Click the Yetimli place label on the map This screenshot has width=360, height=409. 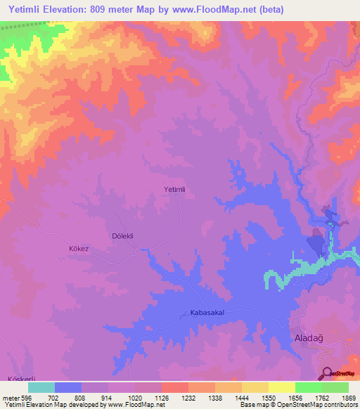point(174,189)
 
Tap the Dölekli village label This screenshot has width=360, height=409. point(123,236)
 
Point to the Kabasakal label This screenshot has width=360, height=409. point(207,311)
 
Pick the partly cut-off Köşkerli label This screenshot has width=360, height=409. point(20,379)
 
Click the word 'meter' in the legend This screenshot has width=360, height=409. point(11,398)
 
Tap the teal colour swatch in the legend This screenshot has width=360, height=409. point(41,387)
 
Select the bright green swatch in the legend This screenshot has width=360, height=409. point(309,387)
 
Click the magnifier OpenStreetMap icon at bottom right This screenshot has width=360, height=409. point(327,374)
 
